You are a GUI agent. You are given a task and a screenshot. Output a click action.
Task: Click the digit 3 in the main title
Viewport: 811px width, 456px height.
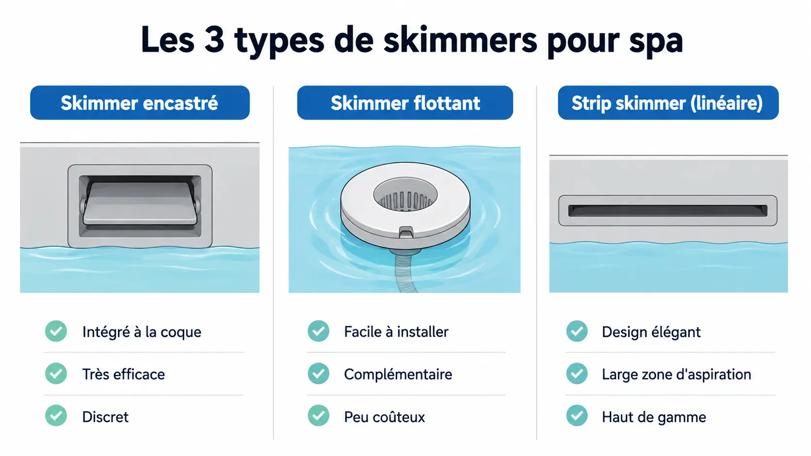214,40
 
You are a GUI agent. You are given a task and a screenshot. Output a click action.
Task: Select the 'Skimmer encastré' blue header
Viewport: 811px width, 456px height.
140,103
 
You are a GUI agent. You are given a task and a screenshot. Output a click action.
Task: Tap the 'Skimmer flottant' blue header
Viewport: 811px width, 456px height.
405,103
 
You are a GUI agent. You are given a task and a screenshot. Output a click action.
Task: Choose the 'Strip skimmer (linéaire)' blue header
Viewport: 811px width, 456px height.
668,103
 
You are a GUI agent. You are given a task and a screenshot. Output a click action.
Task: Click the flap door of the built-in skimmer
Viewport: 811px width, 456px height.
140,203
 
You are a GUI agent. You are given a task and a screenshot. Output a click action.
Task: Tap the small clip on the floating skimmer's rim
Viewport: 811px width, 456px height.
406,232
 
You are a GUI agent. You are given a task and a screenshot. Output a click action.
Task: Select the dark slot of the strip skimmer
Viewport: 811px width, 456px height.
667,210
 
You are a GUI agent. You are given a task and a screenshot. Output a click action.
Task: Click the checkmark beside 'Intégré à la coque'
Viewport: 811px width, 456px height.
56,331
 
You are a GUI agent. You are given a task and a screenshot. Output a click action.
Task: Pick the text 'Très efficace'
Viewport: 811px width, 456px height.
124,374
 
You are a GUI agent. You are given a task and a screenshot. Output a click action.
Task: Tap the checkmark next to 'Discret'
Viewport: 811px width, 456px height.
56,415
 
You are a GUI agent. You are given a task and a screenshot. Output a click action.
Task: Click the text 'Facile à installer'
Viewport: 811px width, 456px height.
396,331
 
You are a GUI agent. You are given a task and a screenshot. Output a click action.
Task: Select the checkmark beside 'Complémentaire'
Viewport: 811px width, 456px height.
319,373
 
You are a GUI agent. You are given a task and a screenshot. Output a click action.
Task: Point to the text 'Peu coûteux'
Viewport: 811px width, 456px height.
384,417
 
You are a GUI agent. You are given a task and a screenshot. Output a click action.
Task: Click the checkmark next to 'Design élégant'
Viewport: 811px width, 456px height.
577,331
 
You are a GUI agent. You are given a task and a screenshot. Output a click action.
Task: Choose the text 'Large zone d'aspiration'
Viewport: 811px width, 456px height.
676,374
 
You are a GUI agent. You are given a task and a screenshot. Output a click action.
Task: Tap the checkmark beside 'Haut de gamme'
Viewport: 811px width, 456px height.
577,415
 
